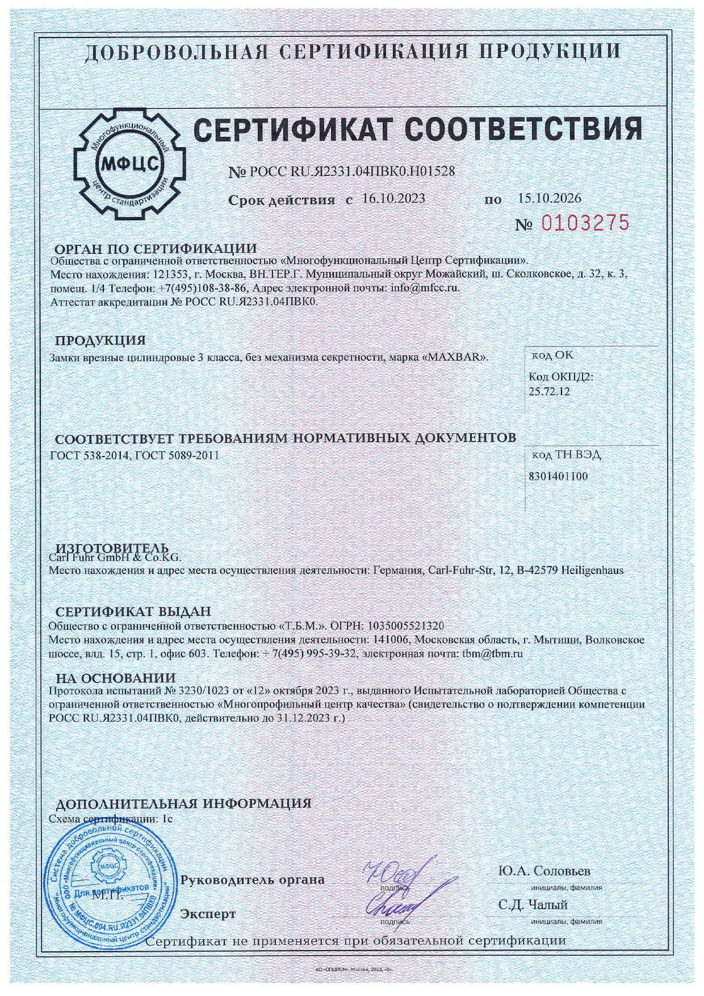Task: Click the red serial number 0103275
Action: pyautogui.click(x=585, y=223)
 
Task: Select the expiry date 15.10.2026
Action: pyautogui.click(x=550, y=198)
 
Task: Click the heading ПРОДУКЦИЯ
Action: pyautogui.click(x=100, y=341)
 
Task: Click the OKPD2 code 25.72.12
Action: pyautogui.click(x=549, y=391)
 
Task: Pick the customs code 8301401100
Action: pyautogui.click(x=558, y=476)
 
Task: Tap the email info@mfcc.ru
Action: pyautogui.click(x=425, y=288)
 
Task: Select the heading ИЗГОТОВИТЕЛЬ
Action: pyautogui.click(x=112, y=548)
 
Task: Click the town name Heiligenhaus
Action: pyautogui.click(x=592, y=570)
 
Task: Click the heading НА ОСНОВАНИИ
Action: pyautogui.click(x=115, y=678)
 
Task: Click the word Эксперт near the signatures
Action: pyautogui.click(x=207, y=914)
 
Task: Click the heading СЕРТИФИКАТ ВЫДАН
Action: pyautogui.click(x=133, y=612)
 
